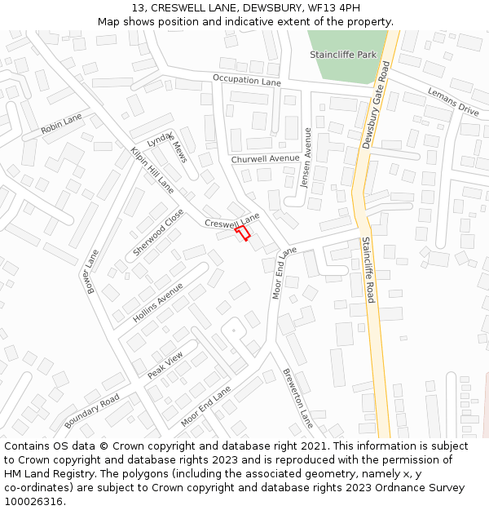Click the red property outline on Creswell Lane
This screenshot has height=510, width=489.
tap(242, 233)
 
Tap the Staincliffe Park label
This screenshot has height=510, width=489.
tap(343, 54)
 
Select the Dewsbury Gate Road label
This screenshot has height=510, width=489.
tap(376, 104)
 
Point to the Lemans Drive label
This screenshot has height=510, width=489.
tap(453, 100)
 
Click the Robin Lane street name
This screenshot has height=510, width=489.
tap(62, 124)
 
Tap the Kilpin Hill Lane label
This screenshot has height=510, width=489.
tap(152, 170)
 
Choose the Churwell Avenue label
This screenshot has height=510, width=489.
tap(265, 158)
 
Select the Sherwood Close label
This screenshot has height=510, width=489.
tap(158, 232)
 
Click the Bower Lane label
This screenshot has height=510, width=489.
tap(90, 271)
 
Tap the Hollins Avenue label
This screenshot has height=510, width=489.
tap(158, 304)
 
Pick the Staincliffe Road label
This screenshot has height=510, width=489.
tap(368, 269)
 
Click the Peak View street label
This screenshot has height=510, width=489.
tap(165, 365)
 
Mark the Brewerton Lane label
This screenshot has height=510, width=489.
tap(297, 398)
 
